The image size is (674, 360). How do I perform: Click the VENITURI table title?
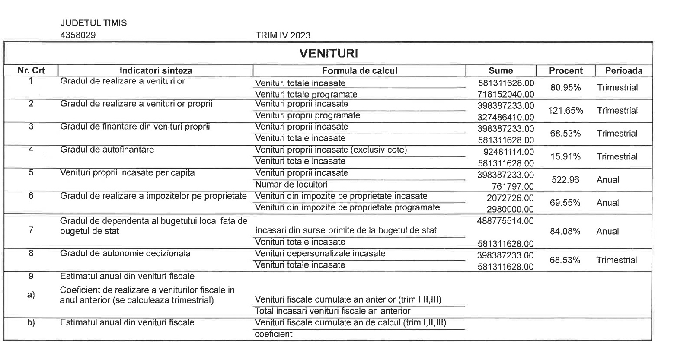[328, 54]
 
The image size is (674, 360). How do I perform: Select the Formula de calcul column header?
[359, 71]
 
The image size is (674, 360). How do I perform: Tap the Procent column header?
[565, 71]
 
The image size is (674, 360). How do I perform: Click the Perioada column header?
[623, 71]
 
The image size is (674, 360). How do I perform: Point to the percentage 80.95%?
[565, 88]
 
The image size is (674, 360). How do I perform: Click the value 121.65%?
[565, 111]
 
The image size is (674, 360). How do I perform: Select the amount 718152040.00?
[506, 94]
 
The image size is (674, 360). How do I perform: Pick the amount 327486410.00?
[506, 117]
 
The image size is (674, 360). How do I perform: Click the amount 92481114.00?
[508, 152]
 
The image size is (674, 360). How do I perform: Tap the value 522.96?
[565, 180]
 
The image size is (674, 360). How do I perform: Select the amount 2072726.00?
[510, 198]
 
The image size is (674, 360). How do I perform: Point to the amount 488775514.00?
[506, 221]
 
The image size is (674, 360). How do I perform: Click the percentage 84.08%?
[565, 232]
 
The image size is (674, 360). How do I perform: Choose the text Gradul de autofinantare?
[107, 150]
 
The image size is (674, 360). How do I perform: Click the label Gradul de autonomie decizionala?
[125, 254]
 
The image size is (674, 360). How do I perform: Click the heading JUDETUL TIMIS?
[94, 23]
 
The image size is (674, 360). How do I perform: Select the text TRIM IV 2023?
[283, 35]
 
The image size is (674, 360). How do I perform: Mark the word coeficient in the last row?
[274, 334]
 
